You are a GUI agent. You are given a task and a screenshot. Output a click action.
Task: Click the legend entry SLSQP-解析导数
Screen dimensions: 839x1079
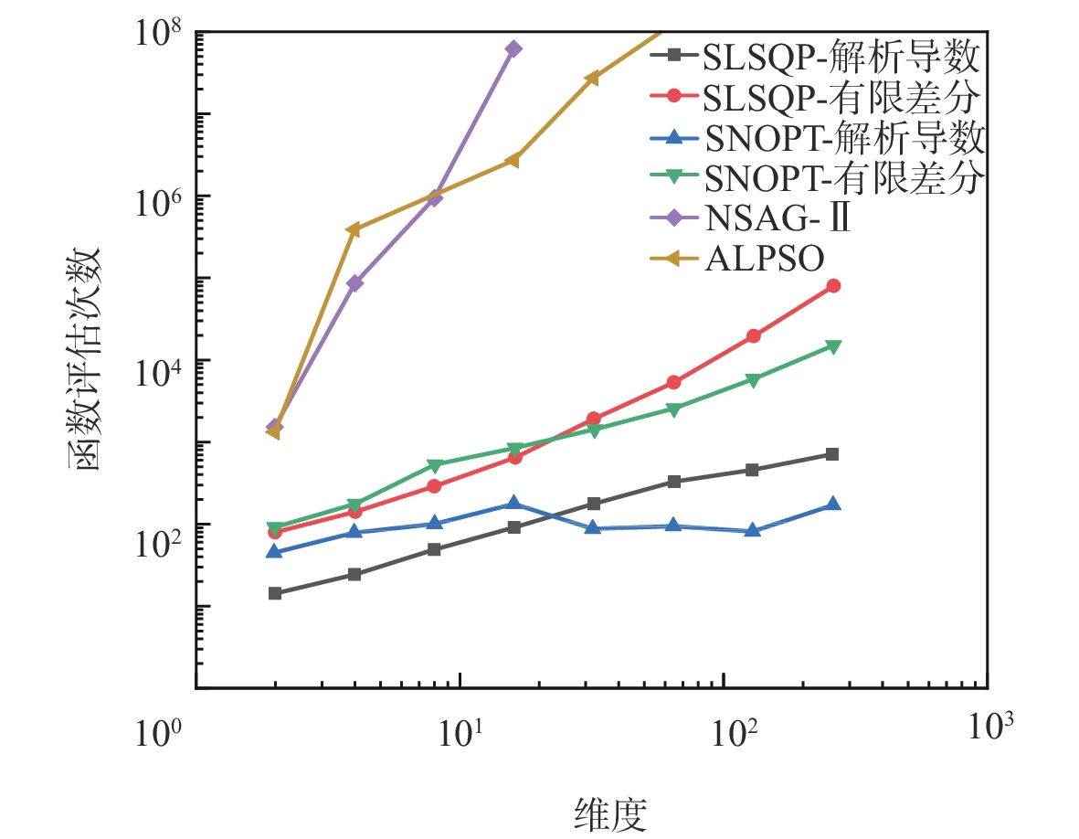coord(841,58)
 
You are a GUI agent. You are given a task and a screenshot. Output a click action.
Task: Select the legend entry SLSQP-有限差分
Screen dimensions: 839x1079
coord(841,97)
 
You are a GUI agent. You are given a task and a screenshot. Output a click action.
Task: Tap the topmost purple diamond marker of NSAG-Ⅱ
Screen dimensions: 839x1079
coord(514,48)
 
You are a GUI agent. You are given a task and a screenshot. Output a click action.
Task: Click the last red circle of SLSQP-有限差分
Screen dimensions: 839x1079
coord(833,286)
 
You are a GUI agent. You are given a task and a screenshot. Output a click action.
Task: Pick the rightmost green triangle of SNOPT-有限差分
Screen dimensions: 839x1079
coord(833,345)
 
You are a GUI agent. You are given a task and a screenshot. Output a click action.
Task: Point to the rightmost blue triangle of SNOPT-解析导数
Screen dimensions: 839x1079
coord(833,504)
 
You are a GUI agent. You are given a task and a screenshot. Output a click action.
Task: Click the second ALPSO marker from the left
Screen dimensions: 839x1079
coord(354,229)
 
